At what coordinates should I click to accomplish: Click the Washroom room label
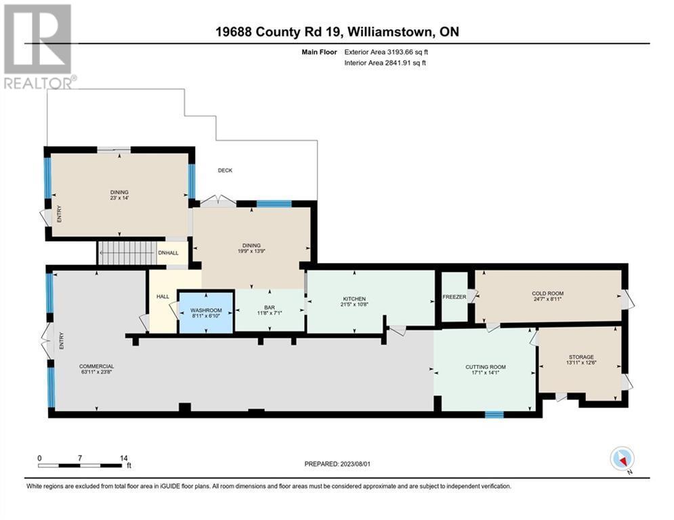(x=206, y=310)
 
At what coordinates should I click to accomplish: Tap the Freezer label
(x=455, y=297)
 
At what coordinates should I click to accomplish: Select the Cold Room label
(x=547, y=294)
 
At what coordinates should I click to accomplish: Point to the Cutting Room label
(x=485, y=367)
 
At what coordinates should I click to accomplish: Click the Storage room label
(x=581, y=357)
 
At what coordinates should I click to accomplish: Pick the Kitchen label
(x=354, y=299)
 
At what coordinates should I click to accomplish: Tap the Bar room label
(x=270, y=307)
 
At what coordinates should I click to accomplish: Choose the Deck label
(x=225, y=170)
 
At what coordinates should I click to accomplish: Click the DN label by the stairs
(x=163, y=253)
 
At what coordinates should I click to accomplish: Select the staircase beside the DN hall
(x=127, y=253)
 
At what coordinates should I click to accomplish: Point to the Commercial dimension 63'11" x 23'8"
(x=96, y=372)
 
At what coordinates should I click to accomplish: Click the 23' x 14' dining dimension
(x=119, y=198)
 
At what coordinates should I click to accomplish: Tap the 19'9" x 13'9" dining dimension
(x=251, y=251)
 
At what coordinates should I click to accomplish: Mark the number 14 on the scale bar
(x=124, y=458)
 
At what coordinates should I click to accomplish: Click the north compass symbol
(x=622, y=458)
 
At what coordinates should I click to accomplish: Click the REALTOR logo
(x=38, y=47)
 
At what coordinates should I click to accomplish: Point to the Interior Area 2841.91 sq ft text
(x=385, y=63)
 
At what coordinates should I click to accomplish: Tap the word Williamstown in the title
(x=389, y=32)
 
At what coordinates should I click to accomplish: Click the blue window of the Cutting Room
(x=494, y=414)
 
